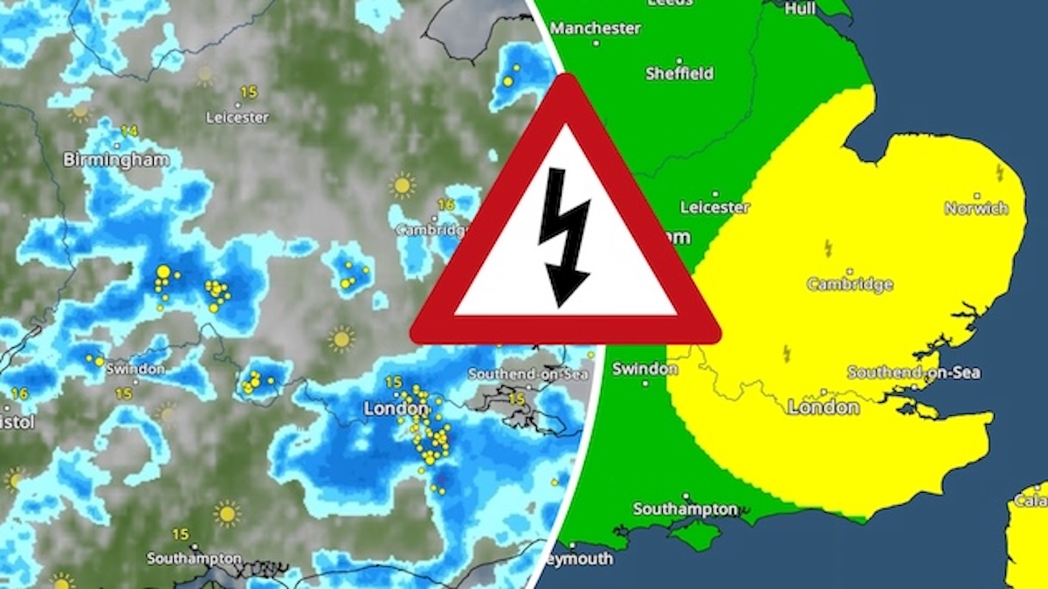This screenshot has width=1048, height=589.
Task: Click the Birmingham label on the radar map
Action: pyautogui.click(x=116, y=160)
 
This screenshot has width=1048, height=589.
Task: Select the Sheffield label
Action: pyautogui.click(x=679, y=73)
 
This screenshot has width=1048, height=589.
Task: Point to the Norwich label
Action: pyautogui.click(x=976, y=208)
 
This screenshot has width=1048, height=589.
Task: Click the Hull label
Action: pyautogui.click(x=800, y=8)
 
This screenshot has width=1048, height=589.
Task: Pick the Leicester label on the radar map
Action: pyautogui.click(x=238, y=117)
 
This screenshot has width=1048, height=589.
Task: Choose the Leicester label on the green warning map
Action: pyautogui.click(x=714, y=207)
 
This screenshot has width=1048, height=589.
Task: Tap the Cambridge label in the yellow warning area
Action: pyautogui.click(x=850, y=284)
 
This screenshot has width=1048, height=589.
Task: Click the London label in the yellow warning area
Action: pyautogui.click(x=824, y=407)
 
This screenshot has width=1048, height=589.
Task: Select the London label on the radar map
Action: pyautogui.click(x=396, y=408)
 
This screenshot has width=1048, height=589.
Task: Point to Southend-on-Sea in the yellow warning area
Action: pyautogui.click(x=914, y=372)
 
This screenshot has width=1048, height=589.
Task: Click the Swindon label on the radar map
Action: pyautogui.click(x=135, y=369)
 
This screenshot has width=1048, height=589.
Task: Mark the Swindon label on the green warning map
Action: pyautogui.click(x=645, y=369)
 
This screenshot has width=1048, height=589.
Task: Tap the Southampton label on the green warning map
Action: pyautogui.click(x=685, y=509)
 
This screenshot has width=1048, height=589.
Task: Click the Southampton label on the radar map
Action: pyautogui.click(x=194, y=558)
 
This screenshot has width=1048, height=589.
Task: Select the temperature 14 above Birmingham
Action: pyautogui.click(x=129, y=131)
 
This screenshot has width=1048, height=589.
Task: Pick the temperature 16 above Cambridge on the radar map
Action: pyautogui.click(x=445, y=205)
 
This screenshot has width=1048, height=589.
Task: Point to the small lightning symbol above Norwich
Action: pyautogui.click(x=999, y=173)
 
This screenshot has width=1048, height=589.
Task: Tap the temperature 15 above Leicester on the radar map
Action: pyautogui.click(x=249, y=91)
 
